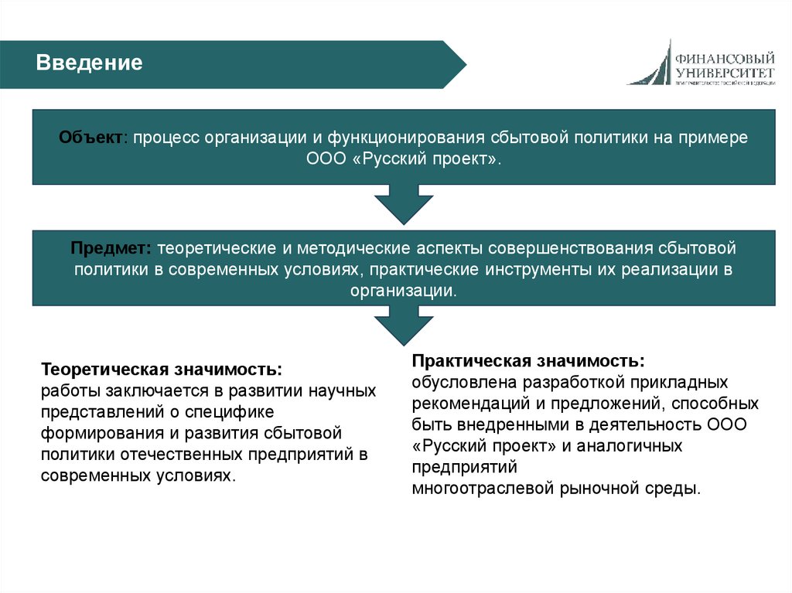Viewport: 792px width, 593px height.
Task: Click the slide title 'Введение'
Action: [90, 63]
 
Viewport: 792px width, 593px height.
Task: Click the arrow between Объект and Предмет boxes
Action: [403, 206]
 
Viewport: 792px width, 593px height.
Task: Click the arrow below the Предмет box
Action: [403, 325]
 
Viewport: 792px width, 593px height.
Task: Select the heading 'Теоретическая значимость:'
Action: [161, 370]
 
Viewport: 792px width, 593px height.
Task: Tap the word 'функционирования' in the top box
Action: [407, 137]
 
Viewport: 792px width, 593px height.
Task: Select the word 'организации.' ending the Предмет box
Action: [403, 291]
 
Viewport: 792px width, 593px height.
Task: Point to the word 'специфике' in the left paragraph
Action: [229, 411]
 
